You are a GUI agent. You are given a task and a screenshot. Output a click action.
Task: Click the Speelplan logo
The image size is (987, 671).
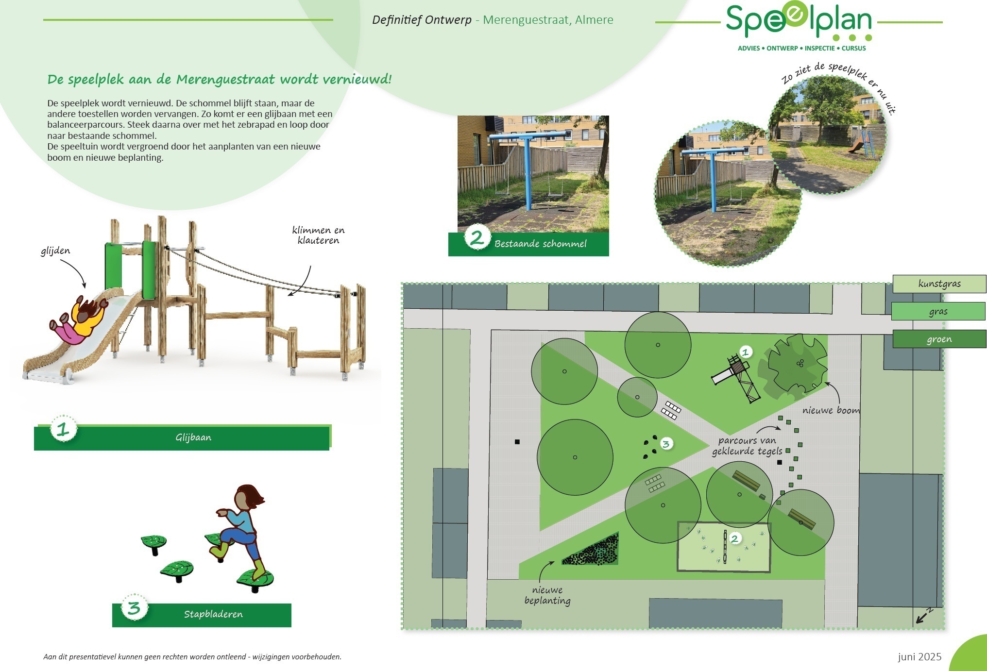point(799,27)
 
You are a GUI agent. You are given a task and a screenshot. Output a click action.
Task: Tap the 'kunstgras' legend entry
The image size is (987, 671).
point(939,284)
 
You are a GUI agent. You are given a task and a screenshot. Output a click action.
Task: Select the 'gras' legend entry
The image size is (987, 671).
point(938,312)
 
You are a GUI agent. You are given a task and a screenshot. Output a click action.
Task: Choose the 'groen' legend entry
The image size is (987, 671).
point(939,339)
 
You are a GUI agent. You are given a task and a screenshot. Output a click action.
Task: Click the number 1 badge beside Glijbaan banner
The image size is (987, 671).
point(64,429)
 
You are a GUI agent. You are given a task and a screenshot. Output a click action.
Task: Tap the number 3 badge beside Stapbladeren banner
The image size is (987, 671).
point(134,607)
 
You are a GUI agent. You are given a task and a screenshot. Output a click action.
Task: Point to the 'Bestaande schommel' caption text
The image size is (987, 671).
point(540,244)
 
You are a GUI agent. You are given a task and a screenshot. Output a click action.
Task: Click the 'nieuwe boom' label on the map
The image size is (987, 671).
point(831,410)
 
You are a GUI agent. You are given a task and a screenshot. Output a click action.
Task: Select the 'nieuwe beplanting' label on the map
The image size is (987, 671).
point(547,595)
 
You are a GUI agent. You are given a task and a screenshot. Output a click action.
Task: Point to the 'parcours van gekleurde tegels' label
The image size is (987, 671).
point(747,446)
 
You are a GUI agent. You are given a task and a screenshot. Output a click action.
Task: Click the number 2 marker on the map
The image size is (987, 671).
point(734,538)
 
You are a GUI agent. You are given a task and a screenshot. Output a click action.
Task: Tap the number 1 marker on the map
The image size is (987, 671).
point(746,352)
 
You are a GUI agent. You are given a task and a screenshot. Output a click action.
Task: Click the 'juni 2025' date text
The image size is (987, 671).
point(919,657)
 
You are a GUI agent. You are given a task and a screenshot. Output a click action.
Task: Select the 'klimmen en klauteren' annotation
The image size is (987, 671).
point(318,235)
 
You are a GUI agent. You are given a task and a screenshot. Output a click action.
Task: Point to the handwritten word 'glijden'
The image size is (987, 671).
point(55,251)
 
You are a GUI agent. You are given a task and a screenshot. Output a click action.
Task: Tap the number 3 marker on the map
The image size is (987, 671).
point(666,444)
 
